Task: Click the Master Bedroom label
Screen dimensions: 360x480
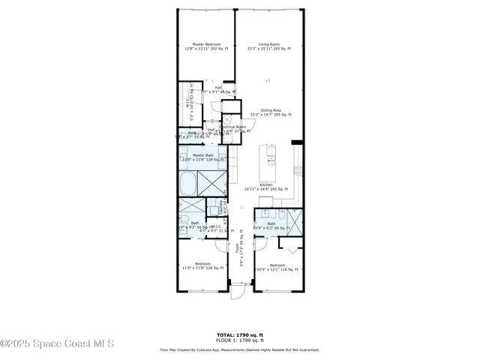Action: point(205,46)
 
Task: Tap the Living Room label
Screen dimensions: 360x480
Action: point(270,46)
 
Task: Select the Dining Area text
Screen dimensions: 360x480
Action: point(270,112)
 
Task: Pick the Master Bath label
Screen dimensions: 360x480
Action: point(203,157)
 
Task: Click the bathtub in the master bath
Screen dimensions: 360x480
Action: point(188,183)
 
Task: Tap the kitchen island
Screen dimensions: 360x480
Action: point(269,157)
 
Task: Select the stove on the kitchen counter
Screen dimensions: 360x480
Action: point(298,170)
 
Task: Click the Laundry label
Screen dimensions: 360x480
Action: point(220,208)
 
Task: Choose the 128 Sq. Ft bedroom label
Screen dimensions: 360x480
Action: point(203,265)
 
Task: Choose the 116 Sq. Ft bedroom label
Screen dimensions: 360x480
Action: point(277,267)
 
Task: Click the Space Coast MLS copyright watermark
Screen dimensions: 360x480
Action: point(57,343)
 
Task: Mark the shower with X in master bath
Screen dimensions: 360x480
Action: point(212,183)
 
